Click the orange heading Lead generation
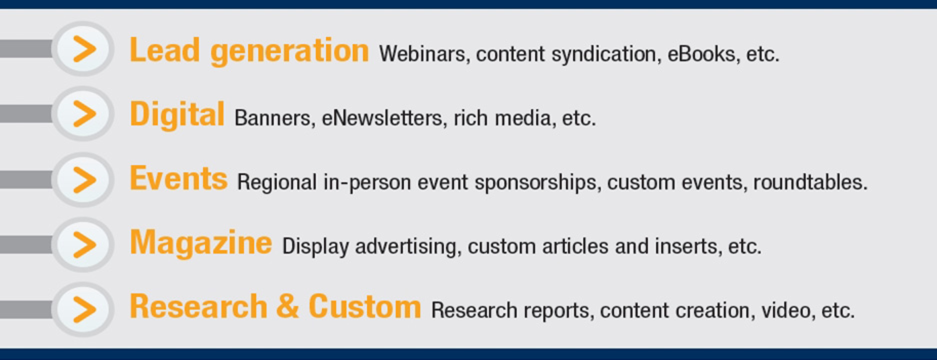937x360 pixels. point(249,51)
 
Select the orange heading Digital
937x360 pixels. point(177,114)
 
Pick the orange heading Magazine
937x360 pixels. point(201,243)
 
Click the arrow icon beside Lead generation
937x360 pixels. point(84,49)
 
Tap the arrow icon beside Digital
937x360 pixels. point(84,114)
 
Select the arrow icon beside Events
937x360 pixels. point(84,180)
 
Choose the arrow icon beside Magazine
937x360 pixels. point(84,244)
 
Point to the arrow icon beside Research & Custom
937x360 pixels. point(84,309)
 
